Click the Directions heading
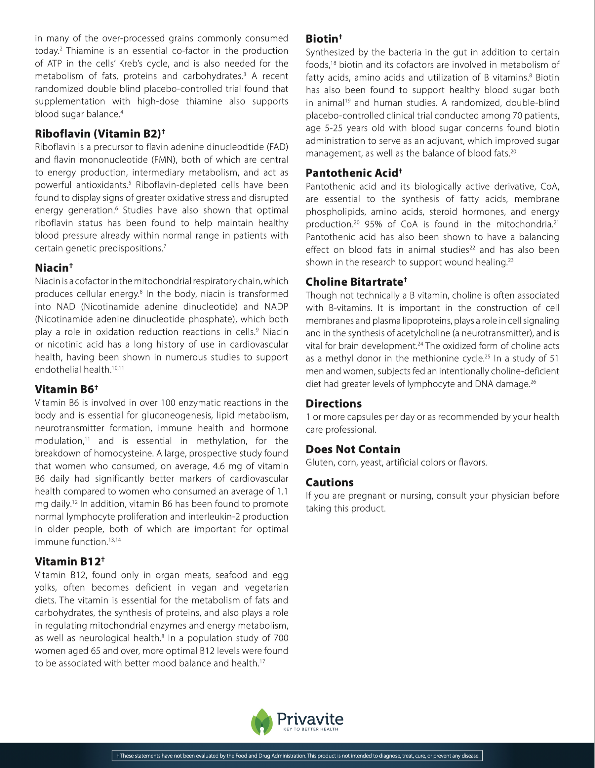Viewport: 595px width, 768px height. (x=333, y=403)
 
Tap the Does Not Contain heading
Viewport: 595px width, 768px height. (x=353, y=449)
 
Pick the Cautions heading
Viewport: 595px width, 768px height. (x=329, y=482)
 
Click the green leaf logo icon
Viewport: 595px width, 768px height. (x=262, y=722)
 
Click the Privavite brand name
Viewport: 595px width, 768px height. (x=310, y=718)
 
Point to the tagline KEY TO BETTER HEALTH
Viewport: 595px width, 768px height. (x=310, y=729)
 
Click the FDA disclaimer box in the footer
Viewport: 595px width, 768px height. (x=297, y=755)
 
